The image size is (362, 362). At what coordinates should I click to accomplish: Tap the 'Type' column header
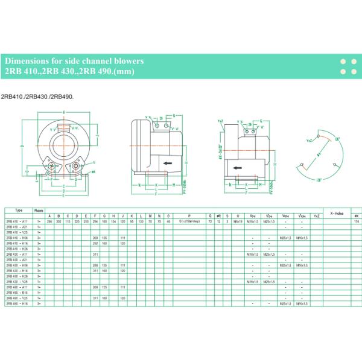pos(18,210)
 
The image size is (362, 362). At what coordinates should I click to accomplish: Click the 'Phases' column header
pos(39,210)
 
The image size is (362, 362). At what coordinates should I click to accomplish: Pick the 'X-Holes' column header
pos(336,212)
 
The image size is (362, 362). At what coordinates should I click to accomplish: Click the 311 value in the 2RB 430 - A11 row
pos(95,254)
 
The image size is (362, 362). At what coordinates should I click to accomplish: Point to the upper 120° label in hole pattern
pos(337,139)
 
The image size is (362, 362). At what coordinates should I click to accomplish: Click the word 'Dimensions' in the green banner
pos(27,62)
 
